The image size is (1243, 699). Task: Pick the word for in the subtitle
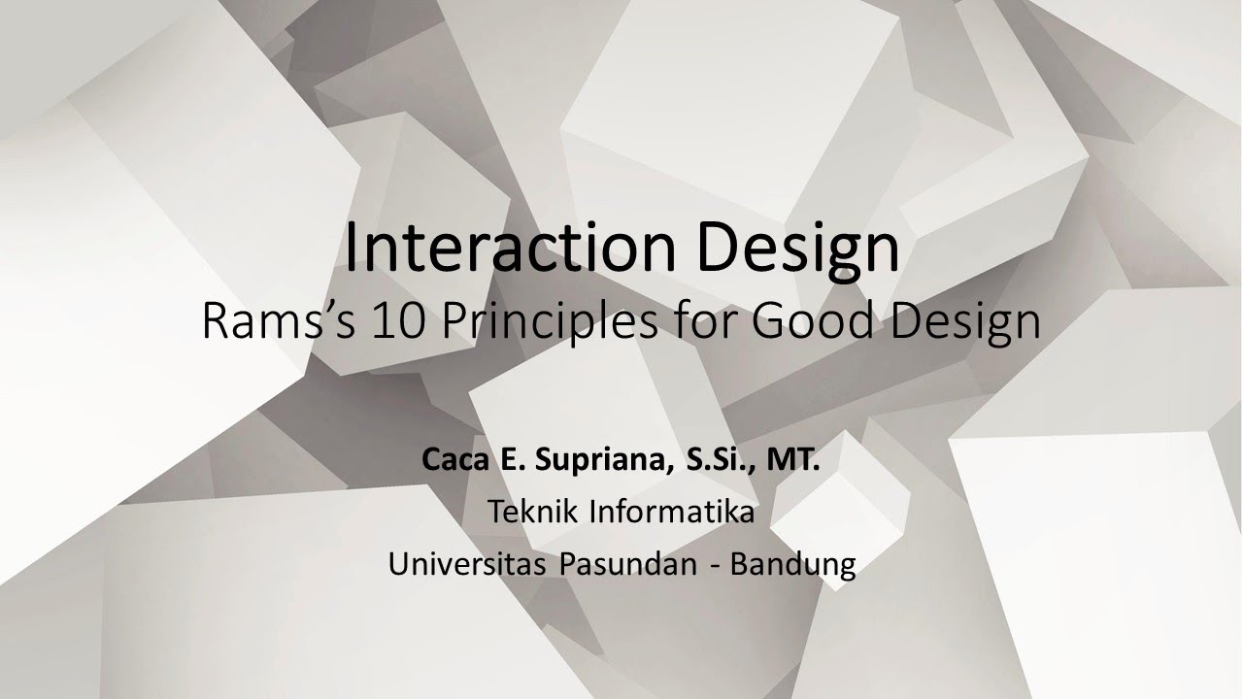click(x=705, y=321)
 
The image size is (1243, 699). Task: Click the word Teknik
click(x=530, y=511)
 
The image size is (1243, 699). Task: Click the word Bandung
click(x=792, y=564)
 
